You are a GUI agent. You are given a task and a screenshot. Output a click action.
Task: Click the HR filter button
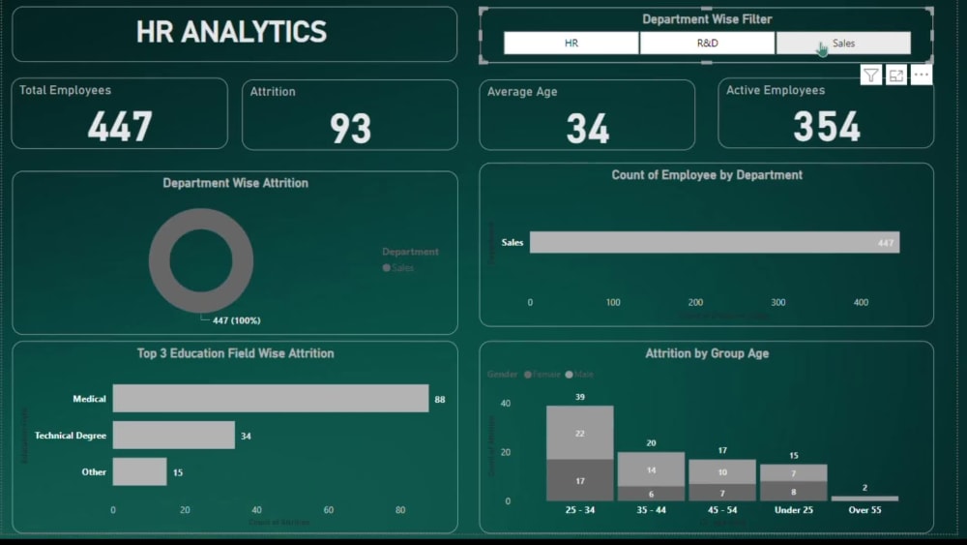click(x=571, y=44)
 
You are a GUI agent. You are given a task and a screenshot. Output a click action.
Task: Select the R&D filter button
click(x=707, y=44)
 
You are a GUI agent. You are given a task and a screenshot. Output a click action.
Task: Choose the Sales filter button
click(x=843, y=44)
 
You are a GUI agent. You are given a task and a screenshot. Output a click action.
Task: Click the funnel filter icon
click(x=871, y=76)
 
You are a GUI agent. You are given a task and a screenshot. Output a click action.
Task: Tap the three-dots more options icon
click(x=921, y=76)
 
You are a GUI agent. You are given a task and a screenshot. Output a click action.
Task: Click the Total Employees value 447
click(x=120, y=127)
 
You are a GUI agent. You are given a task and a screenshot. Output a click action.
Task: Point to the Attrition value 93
click(x=350, y=128)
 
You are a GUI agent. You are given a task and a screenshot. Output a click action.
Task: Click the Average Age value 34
click(x=588, y=128)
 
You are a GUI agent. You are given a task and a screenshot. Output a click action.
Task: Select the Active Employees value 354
click(x=827, y=127)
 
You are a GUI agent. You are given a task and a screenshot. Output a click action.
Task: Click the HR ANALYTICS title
click(x=232, y=32)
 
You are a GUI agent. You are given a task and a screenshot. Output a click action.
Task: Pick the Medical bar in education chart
click(x=270, y=399)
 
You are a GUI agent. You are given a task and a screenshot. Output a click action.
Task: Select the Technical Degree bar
click(x=173, y=436)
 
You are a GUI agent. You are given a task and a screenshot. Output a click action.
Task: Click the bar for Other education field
click(x=139, y=472)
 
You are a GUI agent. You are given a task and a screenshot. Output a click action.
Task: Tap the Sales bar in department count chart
click(x=714, y=242)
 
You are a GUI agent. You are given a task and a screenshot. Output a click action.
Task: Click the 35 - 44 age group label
click(x=651, y=510)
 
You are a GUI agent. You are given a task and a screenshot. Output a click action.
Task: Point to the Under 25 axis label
click(x=793, y=510)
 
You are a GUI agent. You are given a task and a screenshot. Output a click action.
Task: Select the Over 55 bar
click(x=864, y=499)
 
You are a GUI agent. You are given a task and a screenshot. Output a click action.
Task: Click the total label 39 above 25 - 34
click(x=579, y=398)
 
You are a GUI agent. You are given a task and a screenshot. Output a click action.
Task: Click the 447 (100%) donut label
click(x=236, y=320)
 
